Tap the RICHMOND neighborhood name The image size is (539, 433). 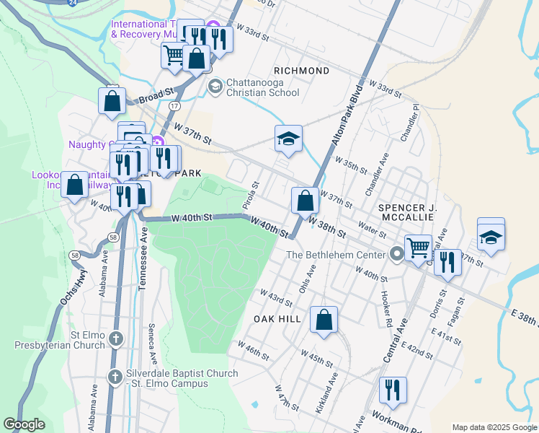pyautogui.click(x=302, y=71)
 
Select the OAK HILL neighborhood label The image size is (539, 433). pyautogui.click(x=277, y=318)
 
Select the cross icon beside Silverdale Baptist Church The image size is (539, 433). pyautogui.click(x=115, y=377)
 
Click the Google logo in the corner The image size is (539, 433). pyautogui.click(x=24, y=424)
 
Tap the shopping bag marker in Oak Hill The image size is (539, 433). pyautogui.click(x=324, y=320)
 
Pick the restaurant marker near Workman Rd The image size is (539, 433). pyautogui.click(x=393, y=390)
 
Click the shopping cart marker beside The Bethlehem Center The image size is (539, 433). pyautogui.click(x=418, y=248)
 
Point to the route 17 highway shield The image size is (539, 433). pyautogui.click(x=174, y=105)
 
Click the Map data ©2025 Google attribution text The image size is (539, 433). pyautogui.click(x=493, y=427)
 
